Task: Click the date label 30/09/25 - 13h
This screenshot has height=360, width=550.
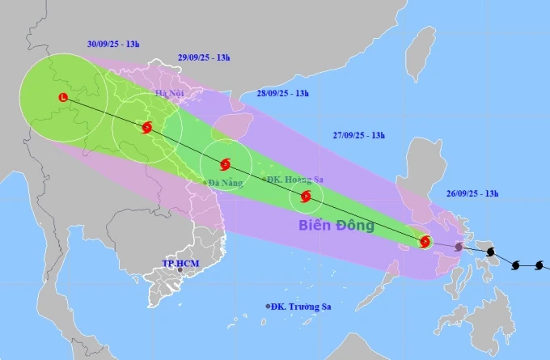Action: point(113,43)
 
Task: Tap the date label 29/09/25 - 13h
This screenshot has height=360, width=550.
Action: point(204,57)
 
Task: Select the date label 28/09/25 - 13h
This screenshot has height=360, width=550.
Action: point(281,94)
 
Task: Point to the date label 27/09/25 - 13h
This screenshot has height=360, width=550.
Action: point(358,136)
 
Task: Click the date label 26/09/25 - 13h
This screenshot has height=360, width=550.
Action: point(472,193)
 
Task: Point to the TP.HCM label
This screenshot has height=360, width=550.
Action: point(180,264)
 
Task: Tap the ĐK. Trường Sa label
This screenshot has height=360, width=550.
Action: point(302,307)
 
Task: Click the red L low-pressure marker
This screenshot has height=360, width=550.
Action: point(64,98)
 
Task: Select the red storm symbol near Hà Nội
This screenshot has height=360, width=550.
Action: point(146,127)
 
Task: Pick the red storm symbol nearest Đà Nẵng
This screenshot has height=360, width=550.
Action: point(225,163)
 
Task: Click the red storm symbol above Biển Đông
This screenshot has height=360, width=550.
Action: point(305,197)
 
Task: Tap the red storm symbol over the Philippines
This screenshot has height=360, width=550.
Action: point(425,240)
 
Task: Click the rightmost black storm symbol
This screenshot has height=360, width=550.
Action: point(538,265)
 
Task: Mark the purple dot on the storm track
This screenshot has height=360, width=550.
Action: point(459,247)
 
